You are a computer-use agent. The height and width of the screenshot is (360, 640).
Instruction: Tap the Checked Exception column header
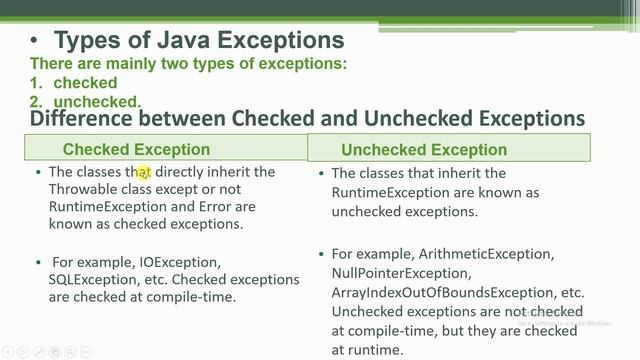pos(136,149)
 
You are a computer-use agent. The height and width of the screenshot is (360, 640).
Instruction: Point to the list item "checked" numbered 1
pos(85,83)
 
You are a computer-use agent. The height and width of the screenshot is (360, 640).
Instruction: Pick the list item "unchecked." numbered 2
pos(97,102)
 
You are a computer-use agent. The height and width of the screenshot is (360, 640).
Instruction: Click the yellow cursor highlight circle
pos(144,173)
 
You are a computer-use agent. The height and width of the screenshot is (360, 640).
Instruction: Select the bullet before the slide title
pos(35,41)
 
